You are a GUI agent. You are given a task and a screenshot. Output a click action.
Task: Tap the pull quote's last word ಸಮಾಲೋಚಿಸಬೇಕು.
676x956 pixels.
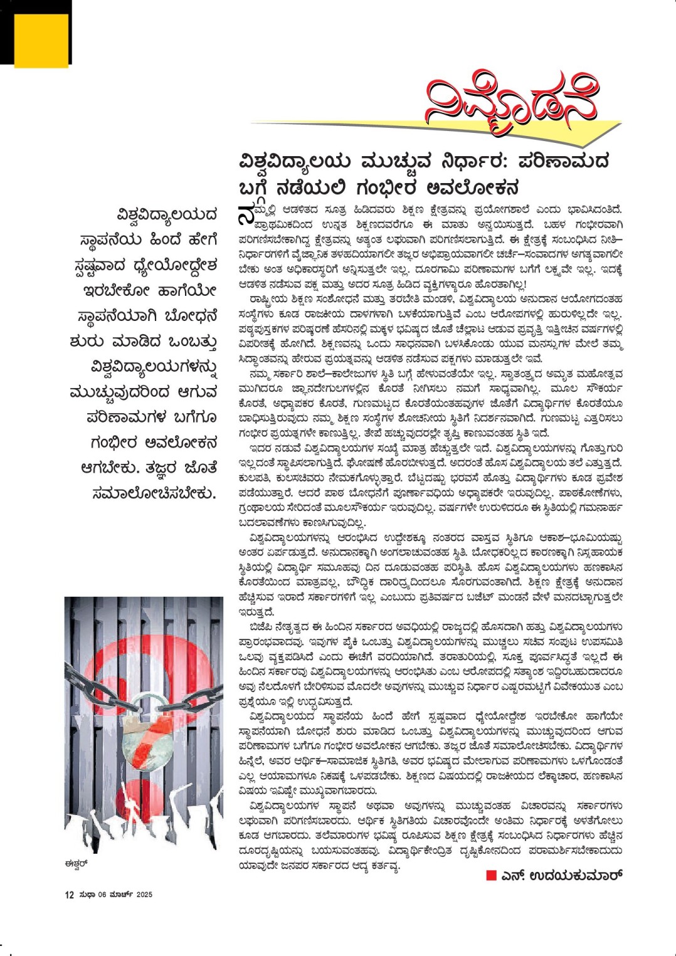coord(154,493)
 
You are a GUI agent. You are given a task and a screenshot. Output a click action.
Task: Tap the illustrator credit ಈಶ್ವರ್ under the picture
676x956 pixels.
coord(76,863)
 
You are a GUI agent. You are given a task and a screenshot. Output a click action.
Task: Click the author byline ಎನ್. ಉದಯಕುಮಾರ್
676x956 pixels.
coord(562,875)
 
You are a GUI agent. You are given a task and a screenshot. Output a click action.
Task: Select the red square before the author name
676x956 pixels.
coord(492,876)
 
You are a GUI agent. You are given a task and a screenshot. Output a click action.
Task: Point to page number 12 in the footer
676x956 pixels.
coord(69,895)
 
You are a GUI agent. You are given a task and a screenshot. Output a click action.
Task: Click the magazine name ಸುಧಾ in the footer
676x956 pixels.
coord(87,895)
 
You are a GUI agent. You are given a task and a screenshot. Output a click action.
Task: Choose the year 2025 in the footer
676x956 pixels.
coord(144,895)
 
